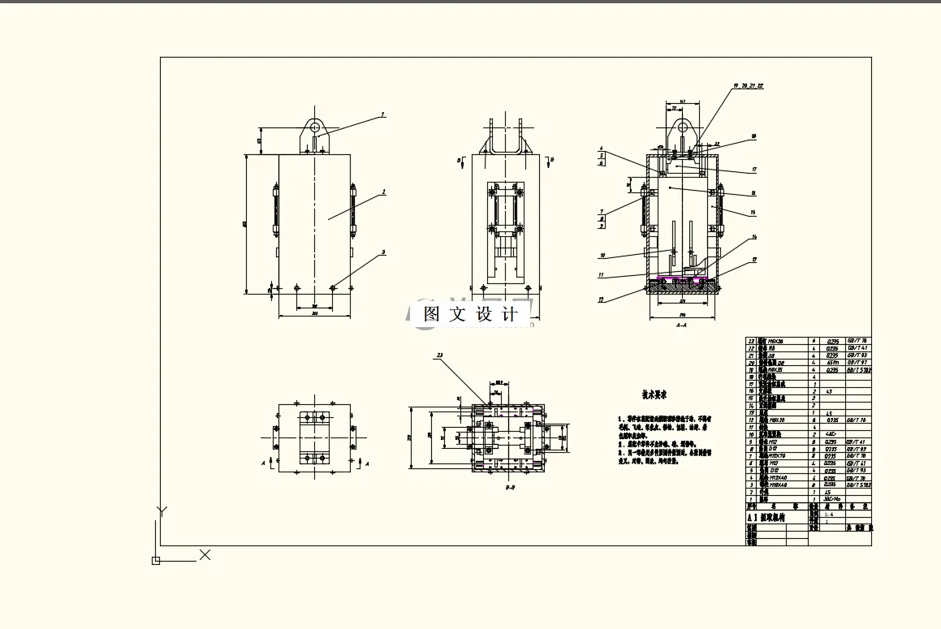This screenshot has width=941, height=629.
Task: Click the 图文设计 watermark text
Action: (x=470, y=314)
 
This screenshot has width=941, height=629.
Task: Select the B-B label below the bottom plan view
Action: (x=511, y=489)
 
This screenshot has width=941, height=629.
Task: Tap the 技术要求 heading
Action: (x=654, y=395)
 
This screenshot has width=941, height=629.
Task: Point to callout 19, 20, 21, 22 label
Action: (x=748, y=85)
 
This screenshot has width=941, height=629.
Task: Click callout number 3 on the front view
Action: (x=383, y=252)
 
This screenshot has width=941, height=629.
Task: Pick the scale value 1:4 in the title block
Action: (x=828, y=514)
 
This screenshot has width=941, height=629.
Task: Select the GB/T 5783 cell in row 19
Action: (x=858, y=369)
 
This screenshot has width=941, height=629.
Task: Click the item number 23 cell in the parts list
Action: (x=751, y=340)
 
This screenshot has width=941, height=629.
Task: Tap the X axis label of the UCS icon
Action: (x=205, y=555)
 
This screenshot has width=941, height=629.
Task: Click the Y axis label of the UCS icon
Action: (x=162, y=511)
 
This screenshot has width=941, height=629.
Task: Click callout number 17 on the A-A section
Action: (x=754, y=170)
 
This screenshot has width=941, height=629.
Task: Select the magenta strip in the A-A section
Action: (x=680, y=280)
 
